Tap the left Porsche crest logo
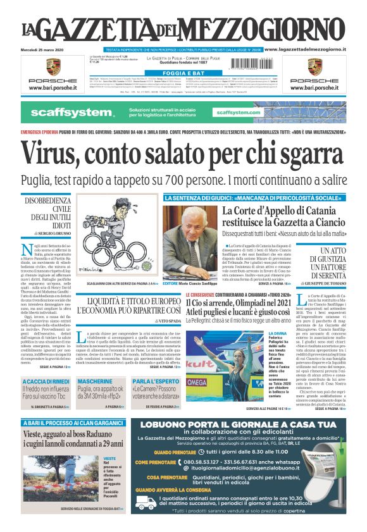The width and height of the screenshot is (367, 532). (x=53, y=66)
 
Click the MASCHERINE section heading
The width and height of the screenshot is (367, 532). (x=95, y=381)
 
